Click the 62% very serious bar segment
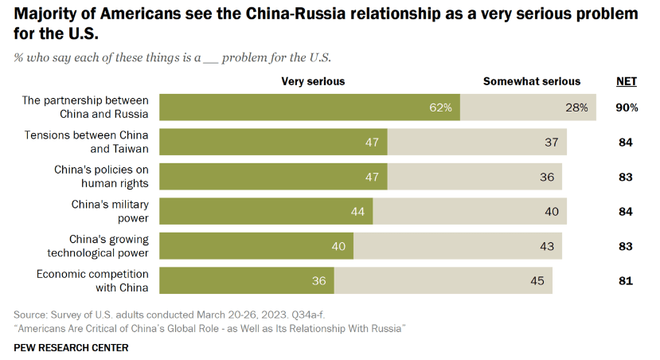(x=310, y=108)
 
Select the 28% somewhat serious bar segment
(x=528, y=108)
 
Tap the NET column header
(x=626, y=81)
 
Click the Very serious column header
(x=313, y=81)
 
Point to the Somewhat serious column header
(x=532, y=81)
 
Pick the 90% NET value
(x=626, y=108)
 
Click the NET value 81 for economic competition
(x=626, y=280)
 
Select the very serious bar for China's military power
(x=266, y=211)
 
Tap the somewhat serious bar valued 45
(x=443, y=280)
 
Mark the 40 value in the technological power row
(x=338, y=246)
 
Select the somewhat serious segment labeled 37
(x=478, y=142)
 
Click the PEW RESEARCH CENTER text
(x=71, y=347)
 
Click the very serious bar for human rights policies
(x=273, y=176)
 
